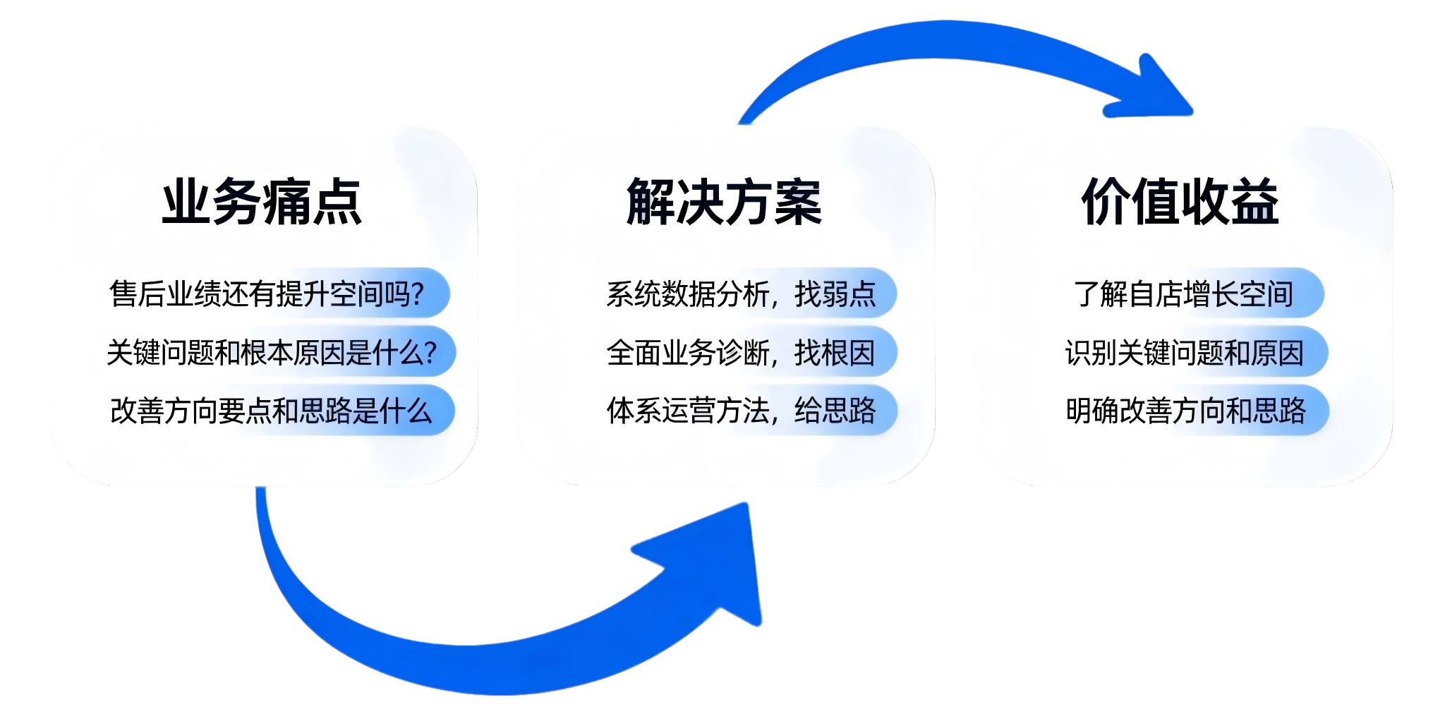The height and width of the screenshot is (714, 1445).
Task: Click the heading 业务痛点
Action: pyautogui.click(x=262, y=202)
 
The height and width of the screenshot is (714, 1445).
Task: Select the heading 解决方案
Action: pyautogui.click(x=724, y=202)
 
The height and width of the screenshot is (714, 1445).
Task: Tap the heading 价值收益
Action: pyautogui.click(x=1180, y=202)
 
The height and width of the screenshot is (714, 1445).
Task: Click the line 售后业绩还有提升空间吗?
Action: pyautogui.click(x=267, y=294)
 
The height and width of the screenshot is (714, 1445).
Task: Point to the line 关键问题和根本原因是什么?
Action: pyautogui.click(x=272, y=352)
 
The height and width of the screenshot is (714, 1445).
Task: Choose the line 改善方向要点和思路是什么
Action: pyautogui.click(x=271, y=411)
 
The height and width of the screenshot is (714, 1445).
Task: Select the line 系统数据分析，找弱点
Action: pyautogui.click(x=741, y=294)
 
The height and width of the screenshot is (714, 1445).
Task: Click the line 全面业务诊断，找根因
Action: pyautogui.click(x=741, y=352)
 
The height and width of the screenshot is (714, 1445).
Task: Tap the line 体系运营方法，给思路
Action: pyautogui.click(x=741, y=411)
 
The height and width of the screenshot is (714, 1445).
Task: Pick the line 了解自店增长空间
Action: pyautogui.click(x=1183, y=294)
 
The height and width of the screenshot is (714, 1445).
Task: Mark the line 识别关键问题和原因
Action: pyautogui.click(x=1185, y=352)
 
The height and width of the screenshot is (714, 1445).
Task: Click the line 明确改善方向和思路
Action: pyautogui.click(x=1186, y=411)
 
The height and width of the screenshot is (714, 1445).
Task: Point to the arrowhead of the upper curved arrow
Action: pyautogui.click(x=1154, y=92)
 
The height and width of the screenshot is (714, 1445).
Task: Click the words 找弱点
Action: pyautogui.click(x=835, y=294)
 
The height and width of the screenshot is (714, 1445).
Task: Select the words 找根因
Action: pyautogui.click(x=835, y=352)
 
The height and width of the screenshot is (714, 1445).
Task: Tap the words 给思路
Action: pyautogui.click(x=835, y=411)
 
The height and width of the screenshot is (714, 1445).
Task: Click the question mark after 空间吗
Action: pyautogui.click(x=417, y=294)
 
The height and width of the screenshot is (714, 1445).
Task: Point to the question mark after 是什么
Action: pyautogui.click(x=430, y=352)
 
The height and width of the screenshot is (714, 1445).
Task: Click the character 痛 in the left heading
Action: pyautogui.click(x=286, y=202)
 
